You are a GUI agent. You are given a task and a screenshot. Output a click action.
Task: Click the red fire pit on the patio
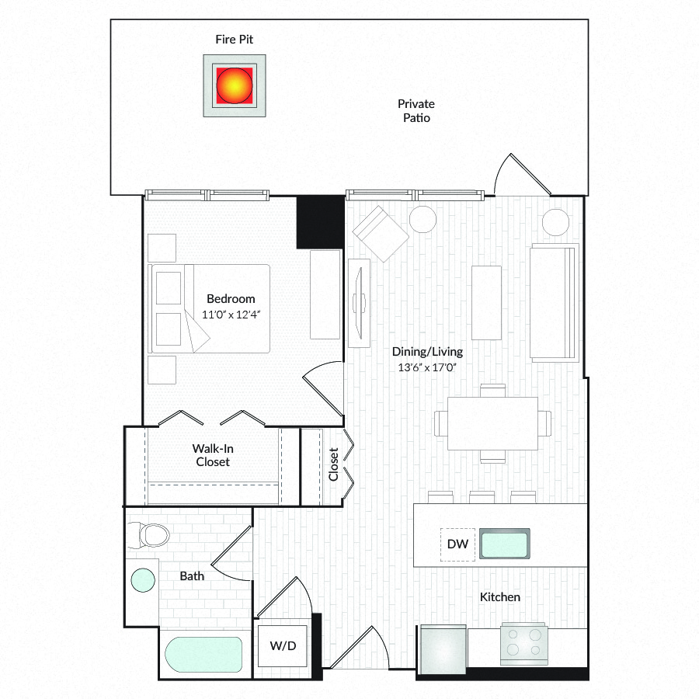pos(235,85)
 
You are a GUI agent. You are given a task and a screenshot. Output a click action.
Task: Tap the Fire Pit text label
pos(234,40)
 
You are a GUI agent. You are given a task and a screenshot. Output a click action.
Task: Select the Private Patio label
pos(416,110)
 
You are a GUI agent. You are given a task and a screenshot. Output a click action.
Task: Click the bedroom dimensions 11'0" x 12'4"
pos(231,315)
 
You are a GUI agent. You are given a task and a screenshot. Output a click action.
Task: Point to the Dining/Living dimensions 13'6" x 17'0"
pos(427,367)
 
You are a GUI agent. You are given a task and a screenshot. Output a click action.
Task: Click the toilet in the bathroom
pos(148,535)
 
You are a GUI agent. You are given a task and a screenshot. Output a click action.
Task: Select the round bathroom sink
pos(143,580)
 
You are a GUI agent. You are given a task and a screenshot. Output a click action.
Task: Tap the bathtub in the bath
pos(203,654)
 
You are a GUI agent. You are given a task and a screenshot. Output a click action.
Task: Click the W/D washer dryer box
pos(283,646)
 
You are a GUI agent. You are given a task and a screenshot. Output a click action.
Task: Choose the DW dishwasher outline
pos(457,544)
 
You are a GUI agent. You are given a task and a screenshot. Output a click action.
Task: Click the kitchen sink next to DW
pos(505,544)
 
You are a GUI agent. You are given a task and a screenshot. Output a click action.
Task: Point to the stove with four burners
pos(523,642)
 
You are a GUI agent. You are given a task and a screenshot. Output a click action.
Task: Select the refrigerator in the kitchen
pos(443,649)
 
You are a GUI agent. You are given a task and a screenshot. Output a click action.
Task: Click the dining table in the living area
pos(492,423)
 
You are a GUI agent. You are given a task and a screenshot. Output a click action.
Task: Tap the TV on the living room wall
pos(359,303)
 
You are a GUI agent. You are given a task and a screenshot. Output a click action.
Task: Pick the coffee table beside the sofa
pos(486,303)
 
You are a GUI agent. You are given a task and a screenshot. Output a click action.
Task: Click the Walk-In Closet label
pos(213,455)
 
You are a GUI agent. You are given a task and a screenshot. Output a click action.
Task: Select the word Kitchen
pos(499,597)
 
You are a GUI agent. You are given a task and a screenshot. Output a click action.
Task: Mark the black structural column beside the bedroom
pos(320,222)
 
